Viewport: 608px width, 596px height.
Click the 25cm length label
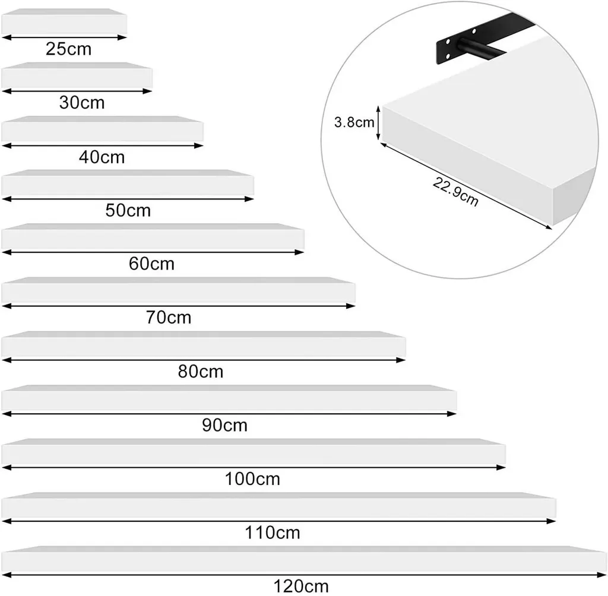(x=69, y=49)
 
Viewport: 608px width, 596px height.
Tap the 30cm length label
(x=82, y=103)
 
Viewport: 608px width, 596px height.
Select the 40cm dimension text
(x=102, y=157)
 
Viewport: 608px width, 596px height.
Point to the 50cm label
(x=128, y=210)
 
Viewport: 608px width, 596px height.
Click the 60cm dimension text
(x=151, y=264)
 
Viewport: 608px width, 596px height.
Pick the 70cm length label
(x=169, y=318)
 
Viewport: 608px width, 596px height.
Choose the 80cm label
(x=201, y=372)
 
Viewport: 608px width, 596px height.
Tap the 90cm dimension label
(x=224, y=425)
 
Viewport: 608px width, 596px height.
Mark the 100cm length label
(x=252, y=478)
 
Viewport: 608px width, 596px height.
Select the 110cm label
(x=273, y=532)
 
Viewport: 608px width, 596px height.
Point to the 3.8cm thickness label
(x=354, y=123)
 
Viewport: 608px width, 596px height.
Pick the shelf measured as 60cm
(x=153, y=237)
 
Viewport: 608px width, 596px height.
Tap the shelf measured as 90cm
(x=229, y=398)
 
